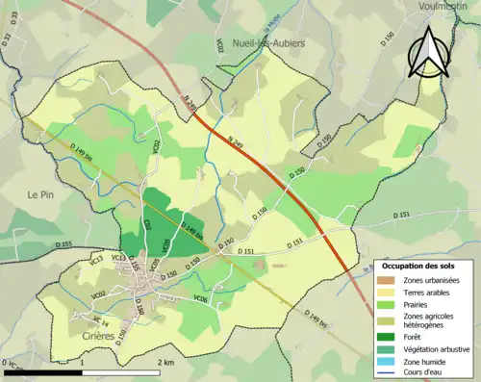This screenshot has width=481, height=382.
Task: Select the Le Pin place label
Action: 39,194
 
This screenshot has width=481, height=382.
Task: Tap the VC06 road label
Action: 200,299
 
